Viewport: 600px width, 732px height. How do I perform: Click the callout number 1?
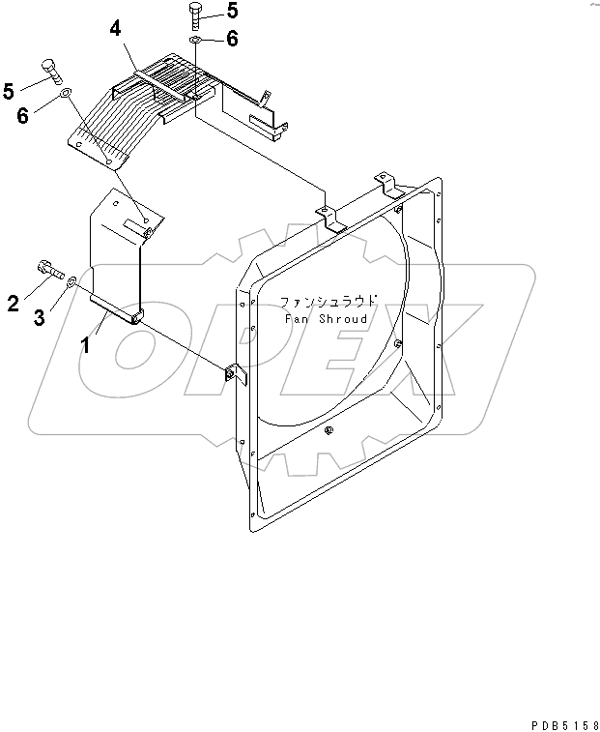(85, 344)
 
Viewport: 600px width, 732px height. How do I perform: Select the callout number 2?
(14, 304)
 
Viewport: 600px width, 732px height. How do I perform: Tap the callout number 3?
(40, 317)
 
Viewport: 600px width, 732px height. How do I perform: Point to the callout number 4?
(115, 29)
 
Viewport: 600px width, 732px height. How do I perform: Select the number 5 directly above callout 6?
(10, 91)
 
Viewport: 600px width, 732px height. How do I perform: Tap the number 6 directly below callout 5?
(22, 115)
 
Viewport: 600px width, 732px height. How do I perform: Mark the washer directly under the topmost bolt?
(196, 41)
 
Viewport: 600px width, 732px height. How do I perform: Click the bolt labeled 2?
(48, 269)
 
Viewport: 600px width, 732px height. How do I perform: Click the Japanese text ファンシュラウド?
(328, 301)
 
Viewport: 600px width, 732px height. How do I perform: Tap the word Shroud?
(343, 318)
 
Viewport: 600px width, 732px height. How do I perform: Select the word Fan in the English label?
(296, 318)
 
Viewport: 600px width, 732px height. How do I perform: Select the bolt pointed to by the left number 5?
(52, 72)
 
